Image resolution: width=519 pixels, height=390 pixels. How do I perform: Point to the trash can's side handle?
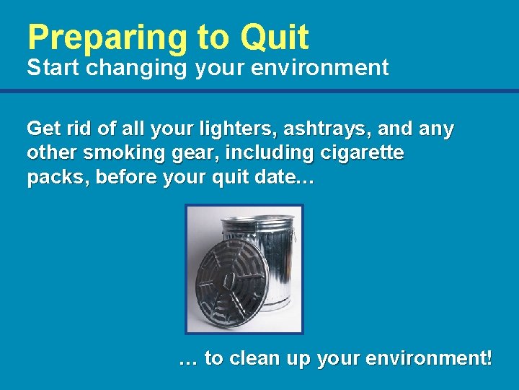click(293, 235)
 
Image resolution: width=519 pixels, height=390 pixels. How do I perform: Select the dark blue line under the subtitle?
click(259, 91)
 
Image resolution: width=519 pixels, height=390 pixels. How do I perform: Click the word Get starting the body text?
click(43, 129)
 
